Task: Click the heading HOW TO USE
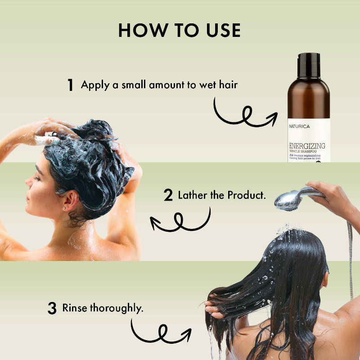pos(180,30)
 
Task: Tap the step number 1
pos(70,85)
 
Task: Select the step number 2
pos(168,196)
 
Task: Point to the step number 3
pos(52,309)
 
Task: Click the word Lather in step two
pos(193,195)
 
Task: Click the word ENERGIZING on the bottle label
pos(308,146)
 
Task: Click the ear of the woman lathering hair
pos(67,202)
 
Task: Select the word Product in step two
pos(247,195)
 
